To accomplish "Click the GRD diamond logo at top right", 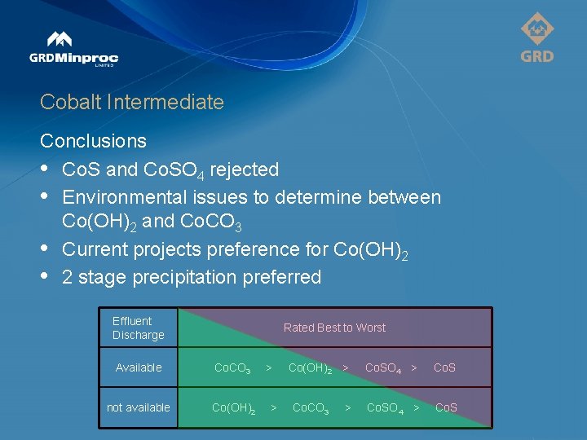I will click(x=537, y=37).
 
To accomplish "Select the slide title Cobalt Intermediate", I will click(x=131, y=102).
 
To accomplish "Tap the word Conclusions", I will click(x=93, y=141).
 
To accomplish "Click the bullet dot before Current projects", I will click(x=45, y=249).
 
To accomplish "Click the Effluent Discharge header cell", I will click(x=138, y=328).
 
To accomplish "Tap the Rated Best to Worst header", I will click(x=334, y=328).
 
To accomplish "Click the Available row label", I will click(x=139, y=367).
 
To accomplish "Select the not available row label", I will click(x=139, y=407).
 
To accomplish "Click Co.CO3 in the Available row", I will click(x=232, y=368).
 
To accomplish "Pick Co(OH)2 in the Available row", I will click(x=310, y=368).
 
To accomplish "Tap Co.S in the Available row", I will click(x=444, y=367).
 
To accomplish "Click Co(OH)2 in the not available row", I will click(x=233, y=408).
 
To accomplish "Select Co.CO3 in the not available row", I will click(x=311, y=408).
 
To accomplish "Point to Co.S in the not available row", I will click(x=446, y=407).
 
